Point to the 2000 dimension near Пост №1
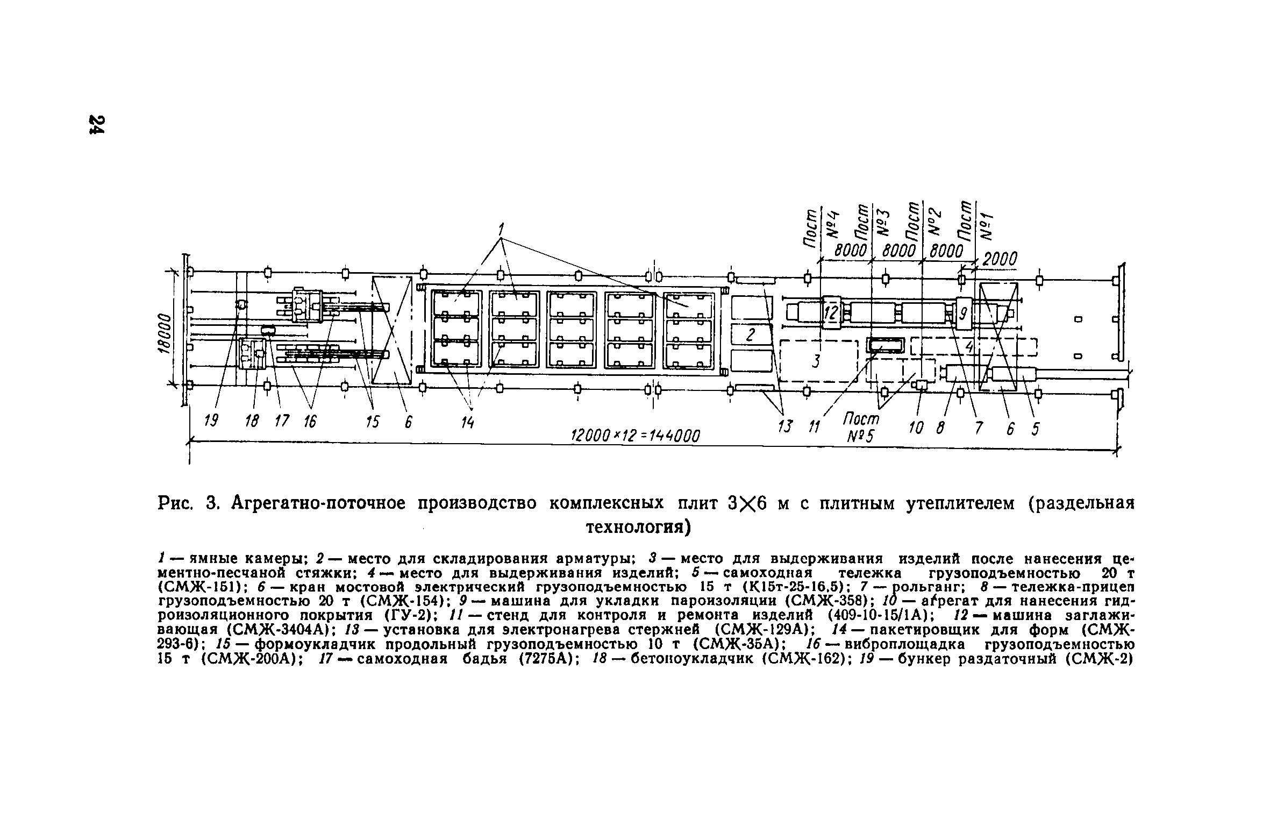(x=1000, y=260)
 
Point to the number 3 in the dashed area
(x=816, y=361)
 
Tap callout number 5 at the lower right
(x=1035, y=429)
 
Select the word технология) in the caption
(x=637, y=527)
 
